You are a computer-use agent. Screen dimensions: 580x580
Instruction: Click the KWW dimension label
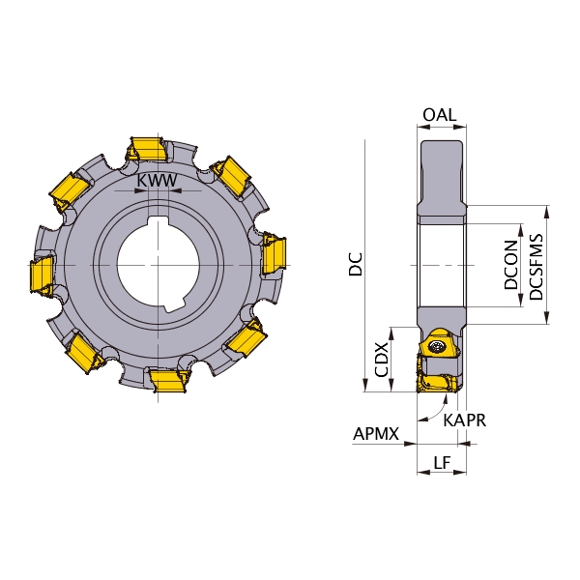click(x=158, y=181)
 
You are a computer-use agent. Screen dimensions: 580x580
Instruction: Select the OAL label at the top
click(x=440, y=115)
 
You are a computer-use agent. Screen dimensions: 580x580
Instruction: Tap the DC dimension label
click(x=356, y=264)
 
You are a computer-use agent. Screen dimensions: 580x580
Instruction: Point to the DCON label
click(x=510, y=265)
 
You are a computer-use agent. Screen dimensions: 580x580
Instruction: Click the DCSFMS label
click(x=536, y=267)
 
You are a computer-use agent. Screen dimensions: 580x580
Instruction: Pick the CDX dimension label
click(x=382, y=360)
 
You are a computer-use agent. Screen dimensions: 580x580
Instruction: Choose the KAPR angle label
click(x=465, y=420)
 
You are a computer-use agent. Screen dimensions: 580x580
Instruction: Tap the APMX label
click(x=376, y=433)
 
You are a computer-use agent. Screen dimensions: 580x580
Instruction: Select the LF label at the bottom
click(x=442, y=462)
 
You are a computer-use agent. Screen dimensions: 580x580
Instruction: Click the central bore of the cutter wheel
click(x=159, y=265)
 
